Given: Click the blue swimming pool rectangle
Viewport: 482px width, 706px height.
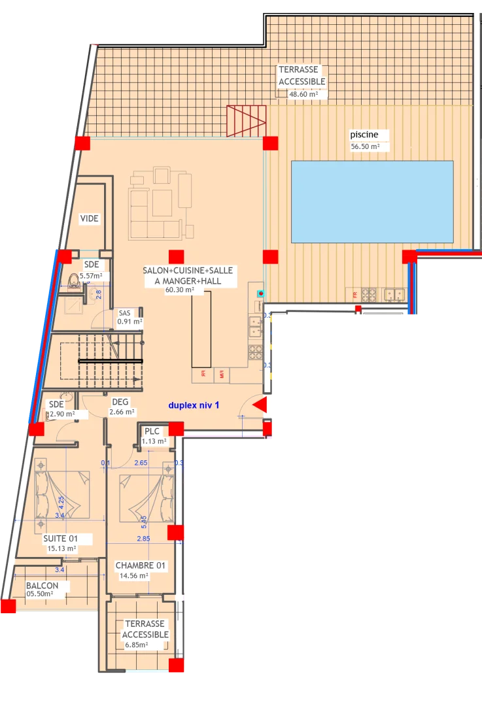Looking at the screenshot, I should click(x=371, y=201).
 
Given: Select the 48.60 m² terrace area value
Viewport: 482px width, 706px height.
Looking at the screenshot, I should click(x=303, y=94).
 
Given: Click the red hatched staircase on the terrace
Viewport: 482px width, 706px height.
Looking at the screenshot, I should click(x=247, y=120).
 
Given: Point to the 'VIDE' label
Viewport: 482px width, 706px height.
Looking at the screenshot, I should click(x=90, y=218).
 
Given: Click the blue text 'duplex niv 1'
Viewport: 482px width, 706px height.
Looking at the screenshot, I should click(x=194, y=405).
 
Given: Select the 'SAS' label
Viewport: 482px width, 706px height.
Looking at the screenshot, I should click(x=124, y=313).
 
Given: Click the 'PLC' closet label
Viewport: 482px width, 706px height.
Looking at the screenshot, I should click(x=152, y=431).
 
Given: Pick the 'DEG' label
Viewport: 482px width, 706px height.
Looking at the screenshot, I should click(x=120, y=402).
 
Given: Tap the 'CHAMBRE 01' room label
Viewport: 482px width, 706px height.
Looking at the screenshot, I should click(x=141, y=565).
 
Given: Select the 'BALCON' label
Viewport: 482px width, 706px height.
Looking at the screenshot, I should click(x=43, y=585).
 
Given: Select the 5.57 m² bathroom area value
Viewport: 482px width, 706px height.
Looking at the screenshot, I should click(x=90, y=277).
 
